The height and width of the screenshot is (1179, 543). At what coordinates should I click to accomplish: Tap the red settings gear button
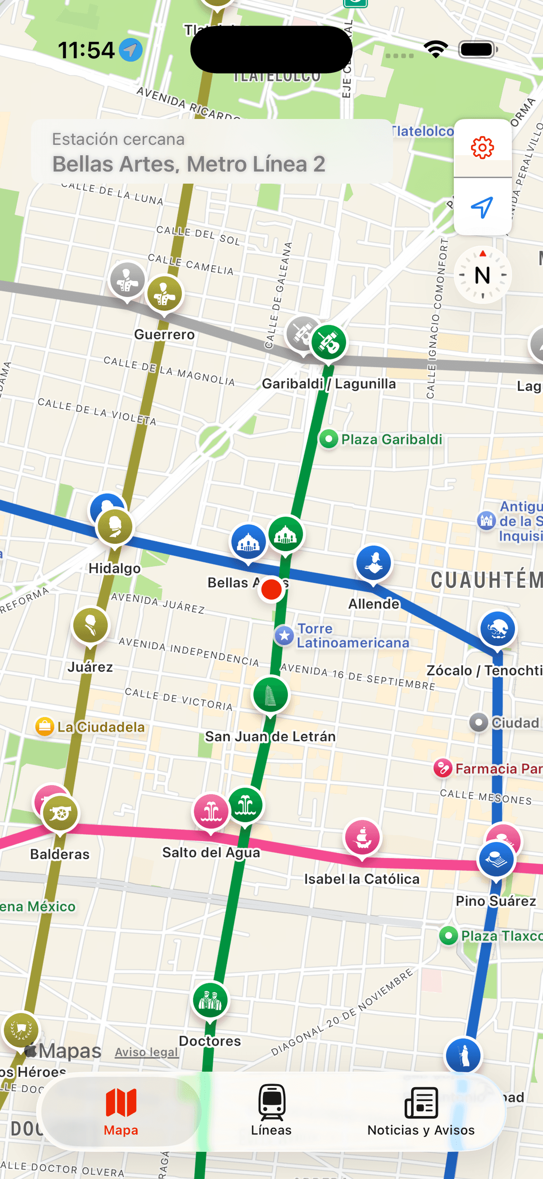(x=482, y=148)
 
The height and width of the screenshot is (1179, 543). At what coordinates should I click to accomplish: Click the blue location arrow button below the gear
(x=482, y=207)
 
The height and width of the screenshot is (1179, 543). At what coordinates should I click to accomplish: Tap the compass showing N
(x=482, y=275)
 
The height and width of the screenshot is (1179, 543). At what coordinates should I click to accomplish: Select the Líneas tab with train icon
(x=271, y=1110)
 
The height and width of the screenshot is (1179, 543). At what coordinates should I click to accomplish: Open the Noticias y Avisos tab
(x=421, y=1110)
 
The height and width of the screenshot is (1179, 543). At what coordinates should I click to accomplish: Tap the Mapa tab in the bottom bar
(x=121, y=1110)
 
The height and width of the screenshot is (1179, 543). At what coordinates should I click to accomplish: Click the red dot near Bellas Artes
(x=271, y=589)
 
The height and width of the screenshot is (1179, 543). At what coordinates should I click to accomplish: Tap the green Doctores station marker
(x=210, y=1000)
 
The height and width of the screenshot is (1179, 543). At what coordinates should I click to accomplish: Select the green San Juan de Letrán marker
(x=270, y=695)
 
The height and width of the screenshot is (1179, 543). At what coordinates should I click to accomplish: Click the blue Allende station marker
(x=374, y=562)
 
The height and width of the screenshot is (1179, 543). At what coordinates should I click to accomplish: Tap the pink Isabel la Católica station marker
(x=362, y=837)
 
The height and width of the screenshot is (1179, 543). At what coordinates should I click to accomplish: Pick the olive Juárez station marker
(x=90, y=625)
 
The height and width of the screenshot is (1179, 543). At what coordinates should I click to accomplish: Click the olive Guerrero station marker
(x=164, y=293)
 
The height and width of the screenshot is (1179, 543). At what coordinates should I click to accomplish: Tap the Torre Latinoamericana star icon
(x=284, y=635)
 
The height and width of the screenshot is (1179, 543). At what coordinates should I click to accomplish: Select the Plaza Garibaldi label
(x=391, y=439)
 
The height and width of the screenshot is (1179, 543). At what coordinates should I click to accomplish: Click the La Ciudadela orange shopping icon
(x=45, y=727)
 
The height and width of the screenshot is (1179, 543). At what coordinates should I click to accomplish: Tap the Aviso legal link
(x=147, y=1052)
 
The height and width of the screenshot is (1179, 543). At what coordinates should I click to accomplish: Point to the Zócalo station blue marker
(x=497, y=629)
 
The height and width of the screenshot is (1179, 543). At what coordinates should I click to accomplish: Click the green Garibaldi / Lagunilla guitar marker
(x=329, y=342)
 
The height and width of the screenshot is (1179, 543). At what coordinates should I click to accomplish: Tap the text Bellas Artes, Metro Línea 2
(x=189, y=164)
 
